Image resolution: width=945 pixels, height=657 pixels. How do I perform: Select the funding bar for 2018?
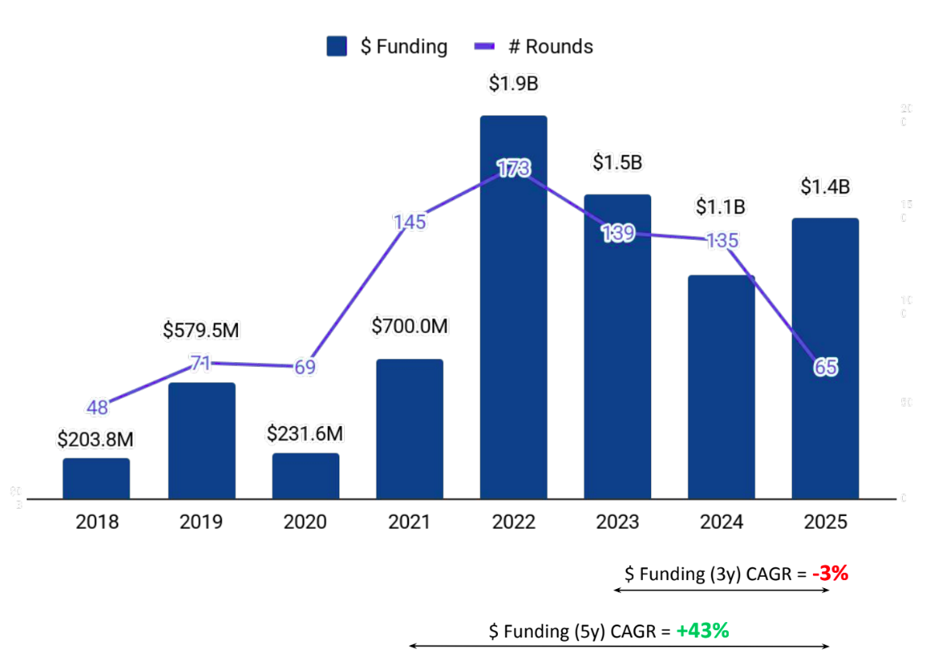(x=96, y=479)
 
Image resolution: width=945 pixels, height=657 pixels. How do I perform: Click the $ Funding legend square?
(x=337, y=46)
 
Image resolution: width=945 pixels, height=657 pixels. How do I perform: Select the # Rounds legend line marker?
(x=484, y=46)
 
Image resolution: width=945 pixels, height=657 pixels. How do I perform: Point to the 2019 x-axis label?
(x=201, y=522)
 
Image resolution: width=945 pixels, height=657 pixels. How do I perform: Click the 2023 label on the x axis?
(x=617, y=522)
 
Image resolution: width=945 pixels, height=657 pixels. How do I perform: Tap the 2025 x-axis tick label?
(x=825, y=522)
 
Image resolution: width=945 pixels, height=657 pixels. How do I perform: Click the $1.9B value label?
(x=513, y=83)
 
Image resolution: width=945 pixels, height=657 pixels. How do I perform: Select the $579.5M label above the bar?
(x=202, y=331)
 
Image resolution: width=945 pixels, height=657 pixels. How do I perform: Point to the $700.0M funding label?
(x=410, y=326)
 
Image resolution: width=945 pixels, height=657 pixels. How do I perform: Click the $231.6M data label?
(x=305, y=433)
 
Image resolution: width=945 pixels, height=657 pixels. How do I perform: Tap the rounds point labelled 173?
(x=513, y=169)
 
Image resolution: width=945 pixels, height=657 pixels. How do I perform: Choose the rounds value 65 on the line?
(x=825, y=368)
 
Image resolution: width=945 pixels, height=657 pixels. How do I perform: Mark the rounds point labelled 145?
(x=410, y=222)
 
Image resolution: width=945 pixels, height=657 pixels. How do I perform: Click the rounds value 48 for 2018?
(x=97, y=407)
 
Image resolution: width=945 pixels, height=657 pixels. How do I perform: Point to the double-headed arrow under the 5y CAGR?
(x=619, y=646)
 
